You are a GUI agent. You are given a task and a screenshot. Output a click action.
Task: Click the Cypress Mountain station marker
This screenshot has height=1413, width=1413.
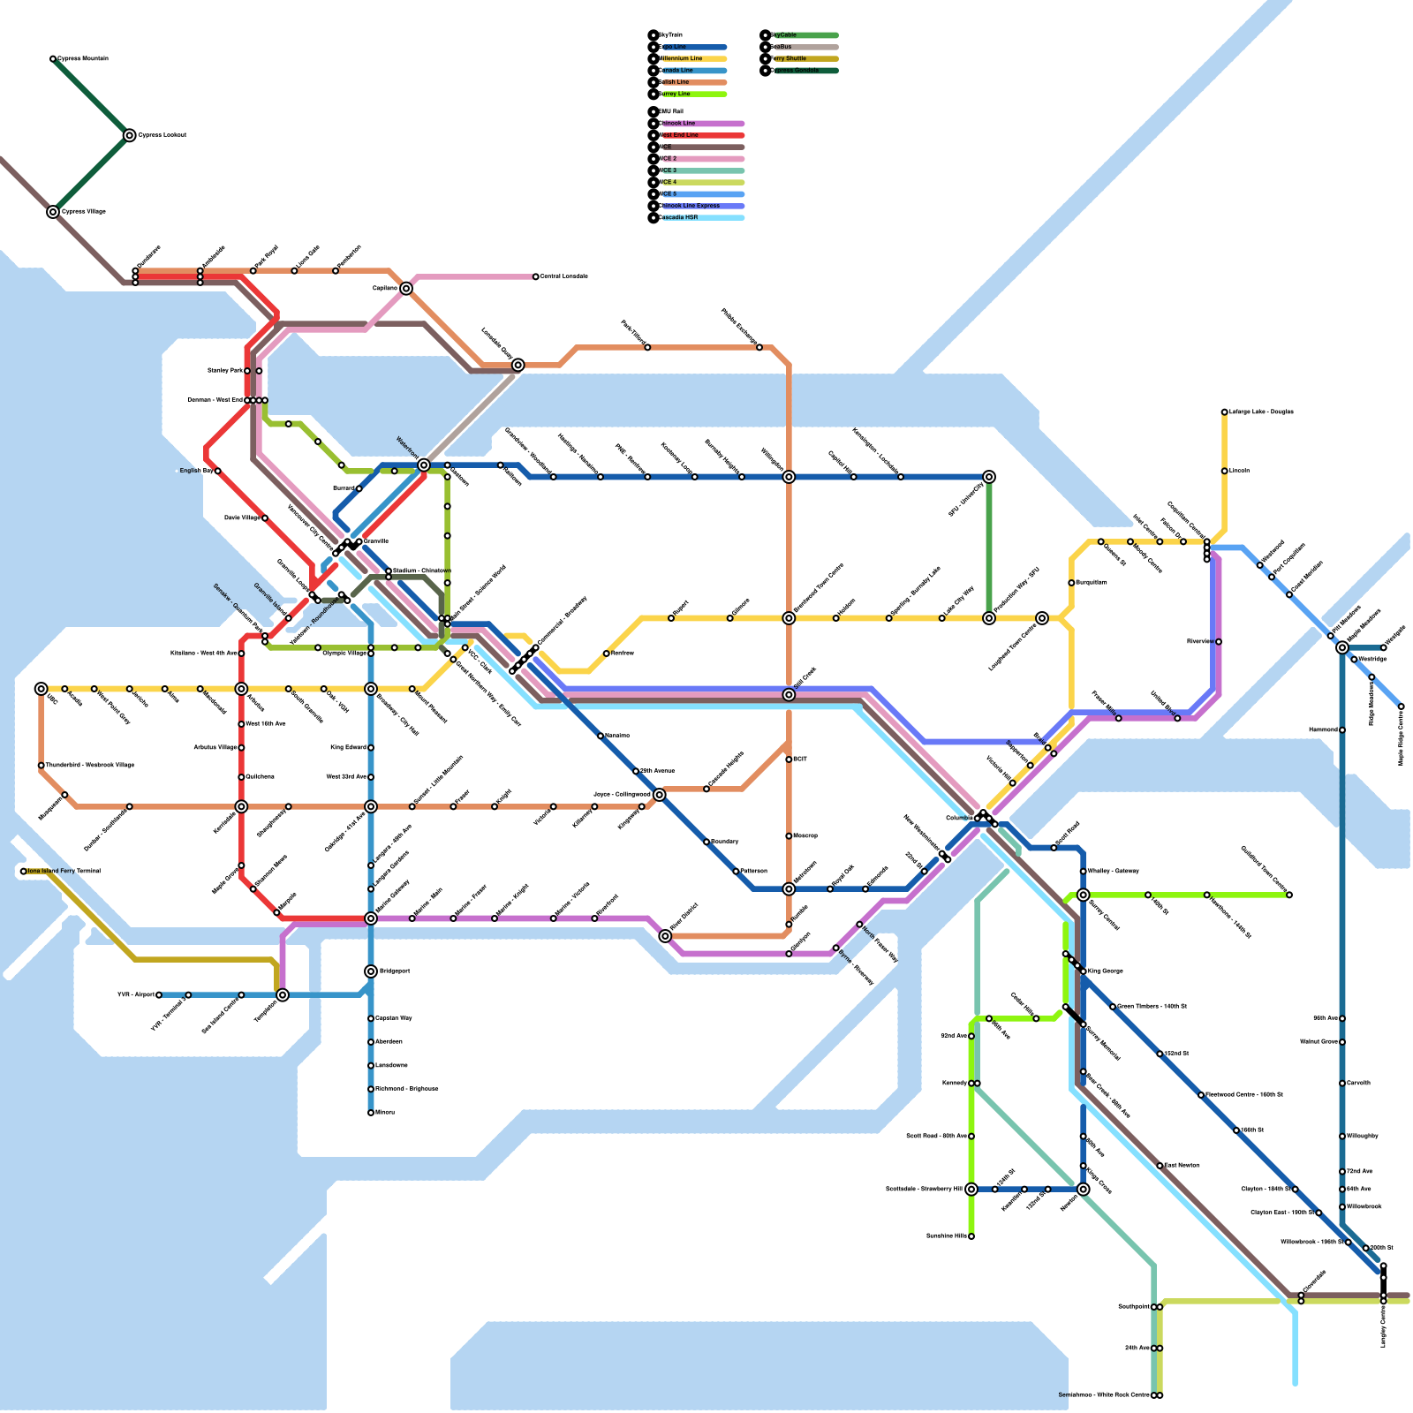53,59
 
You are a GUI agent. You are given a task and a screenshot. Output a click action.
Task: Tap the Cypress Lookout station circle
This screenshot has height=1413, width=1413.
130,135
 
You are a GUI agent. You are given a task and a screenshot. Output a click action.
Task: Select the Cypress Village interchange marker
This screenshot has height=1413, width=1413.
53,212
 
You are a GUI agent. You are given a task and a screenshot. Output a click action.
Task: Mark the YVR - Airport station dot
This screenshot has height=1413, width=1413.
159,995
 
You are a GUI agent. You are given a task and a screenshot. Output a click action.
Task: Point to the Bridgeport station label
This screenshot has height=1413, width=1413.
394,971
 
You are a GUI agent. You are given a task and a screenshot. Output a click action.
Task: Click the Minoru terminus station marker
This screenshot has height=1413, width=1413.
371,1113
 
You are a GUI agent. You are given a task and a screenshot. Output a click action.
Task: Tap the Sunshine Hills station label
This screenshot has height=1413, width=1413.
946,1236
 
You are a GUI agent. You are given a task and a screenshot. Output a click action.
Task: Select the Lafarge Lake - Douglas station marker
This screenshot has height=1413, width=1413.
1225,412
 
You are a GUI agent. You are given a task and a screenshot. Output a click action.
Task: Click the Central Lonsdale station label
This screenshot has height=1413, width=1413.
564,276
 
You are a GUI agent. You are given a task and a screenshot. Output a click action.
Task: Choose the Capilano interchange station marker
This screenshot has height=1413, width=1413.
406,289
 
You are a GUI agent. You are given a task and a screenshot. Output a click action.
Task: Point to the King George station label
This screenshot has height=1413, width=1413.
1106,971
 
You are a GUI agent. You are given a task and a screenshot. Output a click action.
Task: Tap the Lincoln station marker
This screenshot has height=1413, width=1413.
1225,471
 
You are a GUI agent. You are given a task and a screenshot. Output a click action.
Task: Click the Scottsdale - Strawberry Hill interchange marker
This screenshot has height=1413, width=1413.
971,1190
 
